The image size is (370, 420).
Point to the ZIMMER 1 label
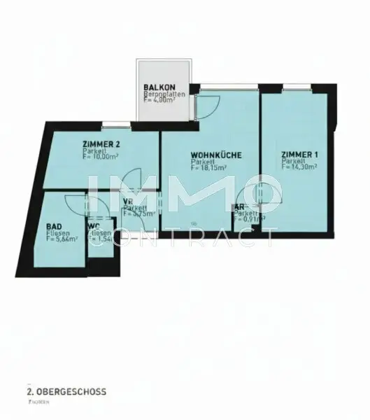click(x=298, y=154)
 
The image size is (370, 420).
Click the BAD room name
click(x=53, y=227)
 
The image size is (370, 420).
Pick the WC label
click(x=93, y=227)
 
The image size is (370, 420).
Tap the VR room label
click(x=128, y=202)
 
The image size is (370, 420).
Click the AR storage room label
click(x=239, y=208)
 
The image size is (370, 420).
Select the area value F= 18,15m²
click(x=214, y=168)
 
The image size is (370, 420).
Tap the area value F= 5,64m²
click(x=62, y=239)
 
